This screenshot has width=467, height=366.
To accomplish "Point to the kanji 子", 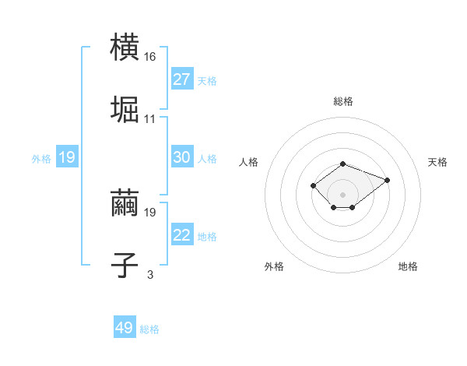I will coord(125,263).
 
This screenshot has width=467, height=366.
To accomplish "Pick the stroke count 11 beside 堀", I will coord(150,118).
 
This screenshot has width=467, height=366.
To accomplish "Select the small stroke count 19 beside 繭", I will coord(151,212).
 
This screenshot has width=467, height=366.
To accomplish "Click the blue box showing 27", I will coord(182,79).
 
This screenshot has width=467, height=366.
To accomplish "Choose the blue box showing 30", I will coord(182,157).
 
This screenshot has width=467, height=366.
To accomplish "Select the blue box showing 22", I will coord(182,235).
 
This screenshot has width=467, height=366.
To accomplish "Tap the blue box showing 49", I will coord(125,328).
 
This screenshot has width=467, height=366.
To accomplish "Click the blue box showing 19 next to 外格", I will coord(67,157).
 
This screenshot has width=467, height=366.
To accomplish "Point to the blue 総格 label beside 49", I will coord(149,329).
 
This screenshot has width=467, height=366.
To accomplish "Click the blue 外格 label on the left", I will coord(41,159).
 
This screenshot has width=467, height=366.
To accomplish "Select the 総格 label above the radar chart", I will coord(343,101).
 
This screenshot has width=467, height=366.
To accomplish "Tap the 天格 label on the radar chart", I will coord(437,162).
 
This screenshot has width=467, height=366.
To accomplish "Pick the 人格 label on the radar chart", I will coord(249,162).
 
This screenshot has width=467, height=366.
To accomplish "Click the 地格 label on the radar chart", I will coord(408,266).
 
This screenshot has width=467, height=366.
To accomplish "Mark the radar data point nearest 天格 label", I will coord(387,180).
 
